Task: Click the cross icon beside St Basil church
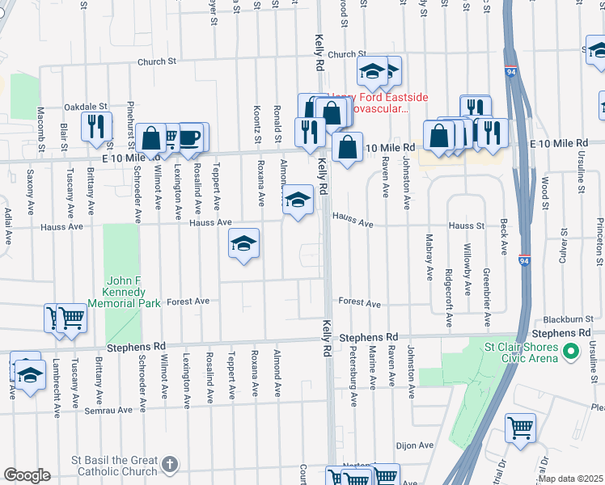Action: pos(168,464)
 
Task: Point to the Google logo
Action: pos(27,475)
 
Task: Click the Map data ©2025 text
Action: pos(570,479)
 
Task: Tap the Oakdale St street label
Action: pos(86,106)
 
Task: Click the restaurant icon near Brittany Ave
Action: pos(95,127)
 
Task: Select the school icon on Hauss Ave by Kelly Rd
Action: pos(298,199)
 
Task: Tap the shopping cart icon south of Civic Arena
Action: pos(520,427)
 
